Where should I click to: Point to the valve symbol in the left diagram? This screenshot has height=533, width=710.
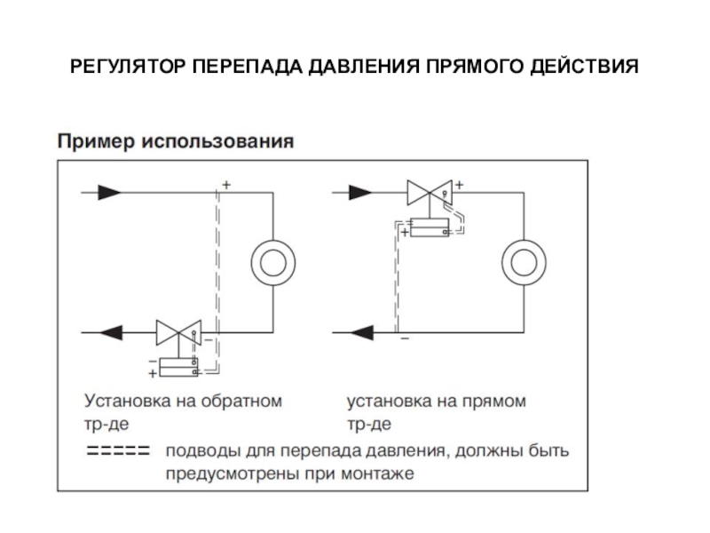178,332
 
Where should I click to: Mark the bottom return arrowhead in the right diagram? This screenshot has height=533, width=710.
361,333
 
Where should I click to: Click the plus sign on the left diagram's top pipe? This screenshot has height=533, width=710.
225,185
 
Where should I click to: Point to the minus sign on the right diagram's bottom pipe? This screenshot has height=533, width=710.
404,339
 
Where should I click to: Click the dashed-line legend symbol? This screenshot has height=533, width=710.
116,451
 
